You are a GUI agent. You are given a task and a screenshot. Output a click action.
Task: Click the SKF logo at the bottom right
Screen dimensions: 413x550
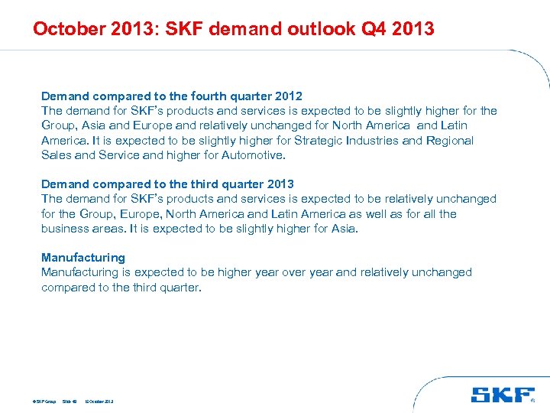(503, 395)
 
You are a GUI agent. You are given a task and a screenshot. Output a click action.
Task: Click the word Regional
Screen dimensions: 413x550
(450, 141)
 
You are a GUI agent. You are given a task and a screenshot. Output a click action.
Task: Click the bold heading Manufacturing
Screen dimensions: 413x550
(82, 258)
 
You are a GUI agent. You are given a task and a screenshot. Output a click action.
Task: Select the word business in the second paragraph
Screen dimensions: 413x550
(66, 229)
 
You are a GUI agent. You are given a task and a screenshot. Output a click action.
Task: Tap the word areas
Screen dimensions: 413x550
(110, 229)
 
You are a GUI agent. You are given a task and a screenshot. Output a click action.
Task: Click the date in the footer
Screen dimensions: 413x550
(99, 401)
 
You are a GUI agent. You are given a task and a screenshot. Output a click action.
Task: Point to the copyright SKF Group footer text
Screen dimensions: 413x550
(45, 401)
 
